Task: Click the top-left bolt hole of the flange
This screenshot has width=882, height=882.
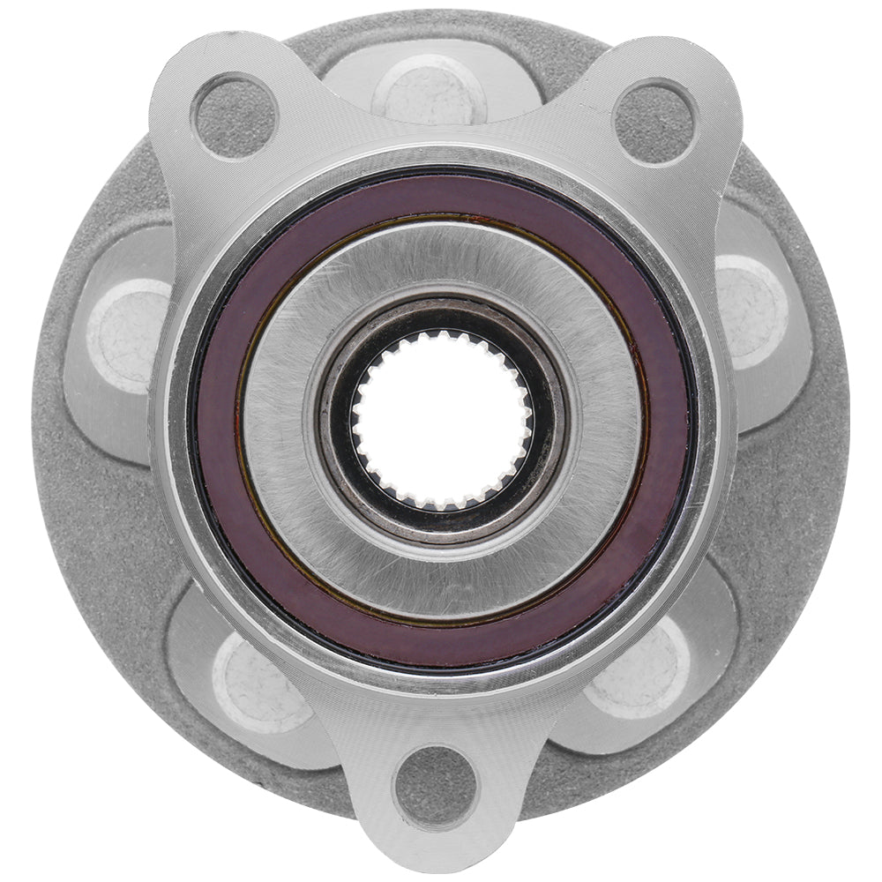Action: pyautogui.click(x=234, y=116)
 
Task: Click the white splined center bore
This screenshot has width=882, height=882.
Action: pyautogui.click(x=442, y=420)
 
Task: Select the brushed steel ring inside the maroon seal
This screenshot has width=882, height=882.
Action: pyautogui.click(x=441, y=256)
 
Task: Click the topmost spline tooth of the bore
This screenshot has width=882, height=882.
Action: pyautogui.click(x=442, y=336)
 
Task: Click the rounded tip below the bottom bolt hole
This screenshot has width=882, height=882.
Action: pyautogui.click(x=434, y=847)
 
